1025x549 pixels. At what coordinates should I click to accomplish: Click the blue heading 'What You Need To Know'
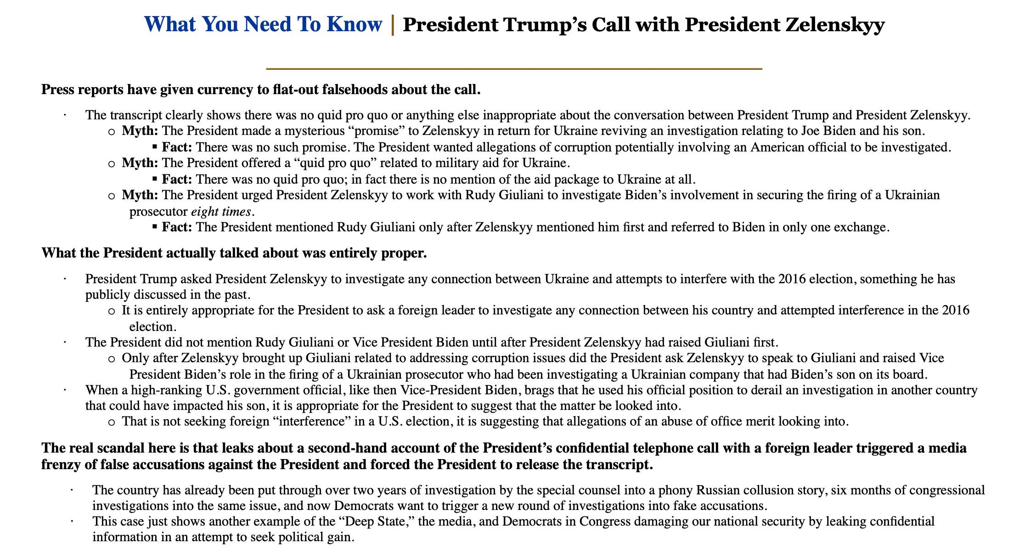click(x=263, y=24)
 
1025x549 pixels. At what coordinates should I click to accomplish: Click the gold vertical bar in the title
click(x=393, y=24)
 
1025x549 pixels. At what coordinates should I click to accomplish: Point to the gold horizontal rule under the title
click(x=514, y=69)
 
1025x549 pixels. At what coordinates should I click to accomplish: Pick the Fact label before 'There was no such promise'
click(x=177, y=147)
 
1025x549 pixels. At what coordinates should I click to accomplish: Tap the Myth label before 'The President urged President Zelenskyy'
click(x=140, y=196)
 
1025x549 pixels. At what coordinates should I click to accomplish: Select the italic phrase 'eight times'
click(x=221, y=212)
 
